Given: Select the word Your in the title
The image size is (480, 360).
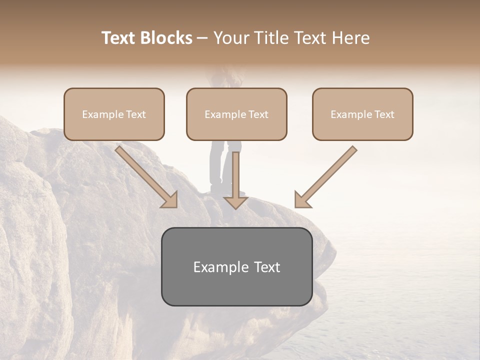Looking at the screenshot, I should pyautogui.click(x=231, y=38).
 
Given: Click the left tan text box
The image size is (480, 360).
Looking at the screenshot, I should pyautogui.click(x=114, y=114).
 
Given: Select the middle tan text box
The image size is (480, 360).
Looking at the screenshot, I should pyautogui.click(x=236, y=114).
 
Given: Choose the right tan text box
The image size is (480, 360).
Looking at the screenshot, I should pyautogui.click(x=362, y=114).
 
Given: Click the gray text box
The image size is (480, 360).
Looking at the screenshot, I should pyautogui.click(x=236, y=266).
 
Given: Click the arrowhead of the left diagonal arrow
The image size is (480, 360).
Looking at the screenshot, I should pyautogui.click(x=169, y=199).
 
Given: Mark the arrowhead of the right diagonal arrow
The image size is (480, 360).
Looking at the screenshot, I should pyautogui.click(x=302, y=199).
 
